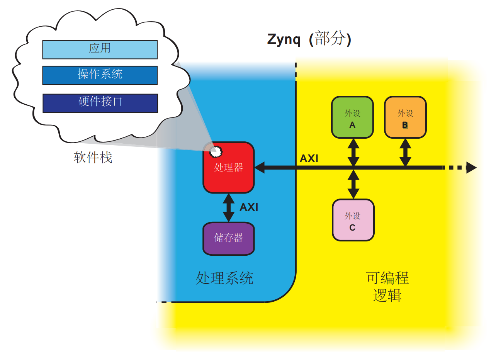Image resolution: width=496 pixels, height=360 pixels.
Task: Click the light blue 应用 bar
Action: pos(100,49)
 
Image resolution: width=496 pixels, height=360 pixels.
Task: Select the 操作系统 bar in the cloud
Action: pos(100,75)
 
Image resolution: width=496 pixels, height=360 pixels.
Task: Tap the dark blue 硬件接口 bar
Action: pos(100,103)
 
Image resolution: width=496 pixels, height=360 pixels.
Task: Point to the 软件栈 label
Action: pos(93,158)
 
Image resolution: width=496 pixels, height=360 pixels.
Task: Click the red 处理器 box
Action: pos(229,168)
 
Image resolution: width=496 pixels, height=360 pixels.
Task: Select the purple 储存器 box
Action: pos(229,238)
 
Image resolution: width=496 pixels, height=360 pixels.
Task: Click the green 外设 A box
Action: pos(352,117)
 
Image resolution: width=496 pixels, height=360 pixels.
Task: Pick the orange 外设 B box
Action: pos(405,117)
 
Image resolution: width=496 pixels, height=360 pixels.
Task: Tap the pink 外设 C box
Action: pos(353,220)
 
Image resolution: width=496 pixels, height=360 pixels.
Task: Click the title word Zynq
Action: pos(284,40)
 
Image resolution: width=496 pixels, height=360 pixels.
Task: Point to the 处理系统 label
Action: pos(224,278)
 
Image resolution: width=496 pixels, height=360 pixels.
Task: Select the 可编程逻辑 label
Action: pos(387,287)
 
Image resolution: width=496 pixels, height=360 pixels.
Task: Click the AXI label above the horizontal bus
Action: pos(309,159)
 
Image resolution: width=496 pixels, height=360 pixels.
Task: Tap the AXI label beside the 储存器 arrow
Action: pos(249,207)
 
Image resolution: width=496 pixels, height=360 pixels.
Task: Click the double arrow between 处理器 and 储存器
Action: pos(229,207)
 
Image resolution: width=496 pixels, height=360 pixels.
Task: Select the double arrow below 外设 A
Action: pos(353,153)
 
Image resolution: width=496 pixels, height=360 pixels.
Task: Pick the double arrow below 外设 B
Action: pos(405,153)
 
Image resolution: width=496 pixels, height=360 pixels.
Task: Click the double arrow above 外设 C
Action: pos(353,184)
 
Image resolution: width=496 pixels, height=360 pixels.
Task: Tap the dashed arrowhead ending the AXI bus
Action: pos(471,168)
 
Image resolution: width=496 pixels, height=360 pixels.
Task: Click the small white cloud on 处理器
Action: pos(216,151)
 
